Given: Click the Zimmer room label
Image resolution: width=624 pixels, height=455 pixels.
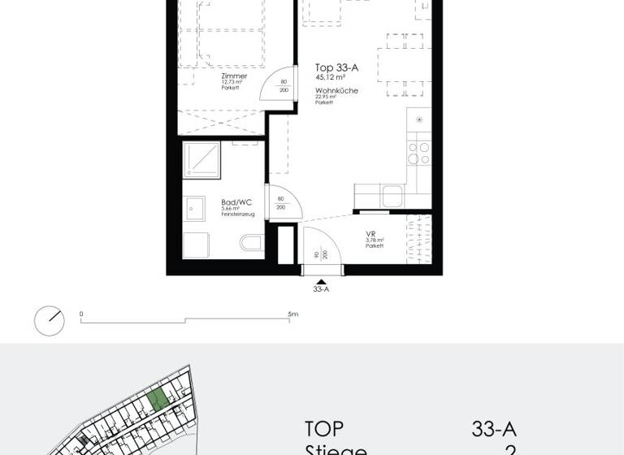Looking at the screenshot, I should (234, 76).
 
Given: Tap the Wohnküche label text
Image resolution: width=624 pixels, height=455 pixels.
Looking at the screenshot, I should (336, 90).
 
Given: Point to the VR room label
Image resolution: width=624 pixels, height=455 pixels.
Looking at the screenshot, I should (370, 233).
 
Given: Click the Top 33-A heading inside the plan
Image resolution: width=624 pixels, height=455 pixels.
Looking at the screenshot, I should (337, 68).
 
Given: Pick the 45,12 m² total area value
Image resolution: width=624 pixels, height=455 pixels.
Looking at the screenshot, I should (330, 78).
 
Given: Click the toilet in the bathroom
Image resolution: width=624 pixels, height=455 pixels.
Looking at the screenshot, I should (251, 242).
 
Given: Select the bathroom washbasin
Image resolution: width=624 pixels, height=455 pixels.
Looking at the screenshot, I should (195, 210).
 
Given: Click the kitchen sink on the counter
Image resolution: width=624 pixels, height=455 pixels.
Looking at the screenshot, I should (391, 196).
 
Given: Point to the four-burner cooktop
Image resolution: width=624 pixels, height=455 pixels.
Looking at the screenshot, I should (419, 154).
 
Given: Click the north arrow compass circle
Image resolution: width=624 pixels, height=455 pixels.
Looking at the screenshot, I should (49, 320).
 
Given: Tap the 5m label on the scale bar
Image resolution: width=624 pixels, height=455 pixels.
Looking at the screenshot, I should (292, 314).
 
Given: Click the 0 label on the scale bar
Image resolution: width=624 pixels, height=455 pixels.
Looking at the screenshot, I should (81, 314).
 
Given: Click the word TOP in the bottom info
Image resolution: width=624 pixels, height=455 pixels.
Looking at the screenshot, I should (324, 429).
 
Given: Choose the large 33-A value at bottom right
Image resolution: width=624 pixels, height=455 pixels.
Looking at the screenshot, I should (494, 429).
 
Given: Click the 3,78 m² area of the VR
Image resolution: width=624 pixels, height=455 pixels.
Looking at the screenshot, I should (373, 240).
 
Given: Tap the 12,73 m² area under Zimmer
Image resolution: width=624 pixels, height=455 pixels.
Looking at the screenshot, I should (232, 82).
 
